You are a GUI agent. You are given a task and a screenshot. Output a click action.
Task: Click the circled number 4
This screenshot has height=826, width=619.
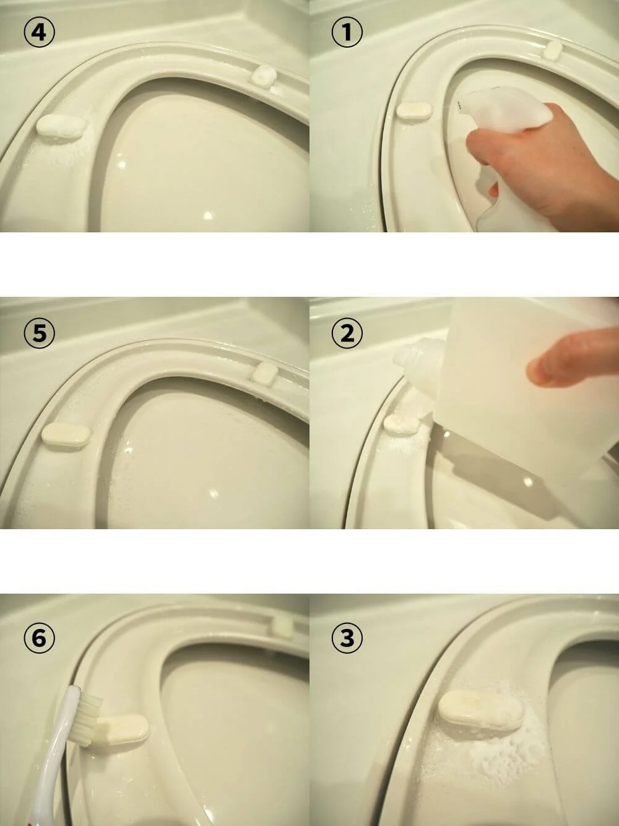point(40,32)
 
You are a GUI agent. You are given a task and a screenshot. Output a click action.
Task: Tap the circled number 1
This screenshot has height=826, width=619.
point(347,32)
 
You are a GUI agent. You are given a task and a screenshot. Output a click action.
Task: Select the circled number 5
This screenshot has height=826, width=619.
point(40,333)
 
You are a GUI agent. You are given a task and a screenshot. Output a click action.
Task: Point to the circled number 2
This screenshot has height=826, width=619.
point(347,333)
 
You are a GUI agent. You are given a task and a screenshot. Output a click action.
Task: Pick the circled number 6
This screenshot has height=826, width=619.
point(40,638)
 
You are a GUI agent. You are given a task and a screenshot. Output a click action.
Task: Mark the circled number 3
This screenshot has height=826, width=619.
point(347,638)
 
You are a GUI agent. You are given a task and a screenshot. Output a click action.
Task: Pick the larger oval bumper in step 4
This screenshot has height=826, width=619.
point(61,128)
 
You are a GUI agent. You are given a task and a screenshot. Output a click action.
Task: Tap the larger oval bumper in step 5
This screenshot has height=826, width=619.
point(66,435)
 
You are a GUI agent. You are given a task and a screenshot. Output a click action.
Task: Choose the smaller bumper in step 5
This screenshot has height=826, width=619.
point(266,374)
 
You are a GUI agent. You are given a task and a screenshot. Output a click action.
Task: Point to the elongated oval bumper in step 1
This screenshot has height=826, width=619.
point(415,110)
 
